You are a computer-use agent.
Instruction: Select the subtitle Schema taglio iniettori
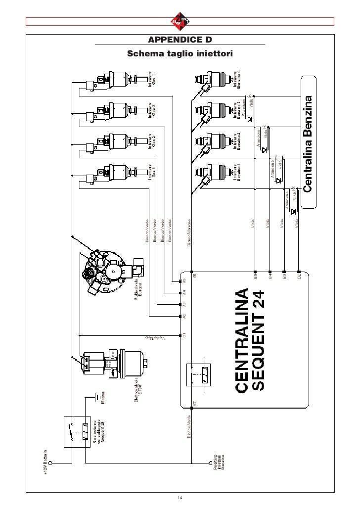click(x=180, y=53)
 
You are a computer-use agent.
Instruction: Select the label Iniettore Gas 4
click(x=152, y=80)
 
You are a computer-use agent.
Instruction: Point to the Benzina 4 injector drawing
click(x=212, y=79)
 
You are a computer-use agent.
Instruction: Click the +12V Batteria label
click(x=45, y=463)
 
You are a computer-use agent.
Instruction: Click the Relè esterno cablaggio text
click(x=99, y=431)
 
